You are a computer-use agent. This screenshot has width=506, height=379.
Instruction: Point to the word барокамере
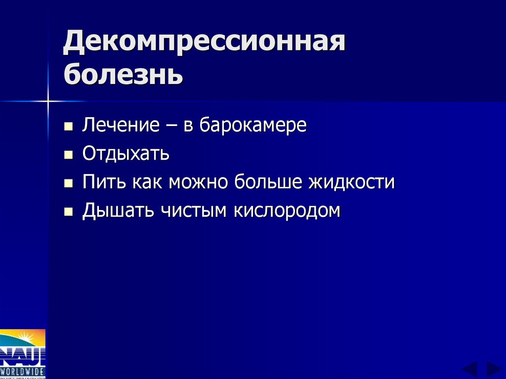(x=253, y=125)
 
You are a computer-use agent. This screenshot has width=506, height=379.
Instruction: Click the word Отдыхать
(x=126, y=154)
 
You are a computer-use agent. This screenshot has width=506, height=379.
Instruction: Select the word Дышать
(x=117, y=211)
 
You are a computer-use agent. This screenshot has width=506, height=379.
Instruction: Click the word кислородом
(x=287, y=211)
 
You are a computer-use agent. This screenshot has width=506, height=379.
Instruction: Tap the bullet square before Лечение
(x=68, y=126)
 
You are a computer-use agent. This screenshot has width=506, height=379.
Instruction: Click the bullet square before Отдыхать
(x=68, y=155)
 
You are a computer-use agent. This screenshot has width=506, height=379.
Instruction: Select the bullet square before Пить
(x=68, y=183)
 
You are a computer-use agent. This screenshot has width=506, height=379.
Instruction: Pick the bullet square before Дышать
(x=68, y=211)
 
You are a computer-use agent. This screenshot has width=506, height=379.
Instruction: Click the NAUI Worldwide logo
(x=23, y=353)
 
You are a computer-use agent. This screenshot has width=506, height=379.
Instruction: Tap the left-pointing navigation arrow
(x=469, y=369)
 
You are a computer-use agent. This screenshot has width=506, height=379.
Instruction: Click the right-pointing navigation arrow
(x=494, y=369)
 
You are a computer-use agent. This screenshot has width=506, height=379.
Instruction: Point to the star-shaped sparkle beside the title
(x=48, y=101)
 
